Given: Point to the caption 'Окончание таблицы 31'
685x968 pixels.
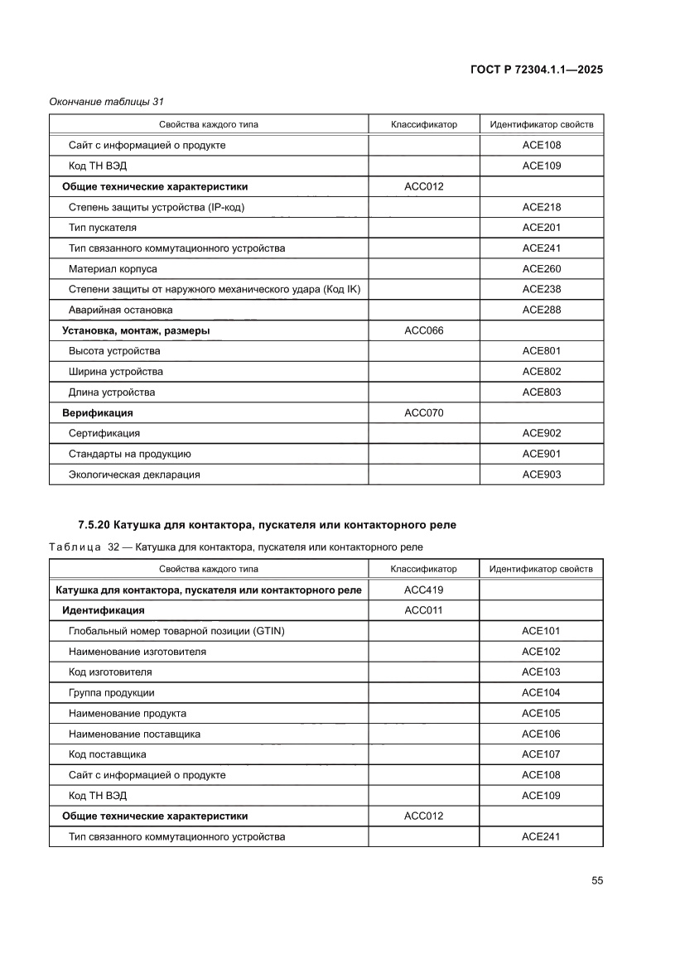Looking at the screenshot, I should [106, 102].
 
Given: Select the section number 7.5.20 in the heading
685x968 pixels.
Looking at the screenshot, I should [94, 525].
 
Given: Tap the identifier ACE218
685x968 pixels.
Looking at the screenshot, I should [541, 207].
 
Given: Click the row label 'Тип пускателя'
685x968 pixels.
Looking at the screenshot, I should [103, 228].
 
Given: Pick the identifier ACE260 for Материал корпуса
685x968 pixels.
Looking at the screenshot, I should [541, 269].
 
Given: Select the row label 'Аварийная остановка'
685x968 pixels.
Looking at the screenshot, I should [121, 310].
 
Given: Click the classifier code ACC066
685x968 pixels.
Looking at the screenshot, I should [423, 330].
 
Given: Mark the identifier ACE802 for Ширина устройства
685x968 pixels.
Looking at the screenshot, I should [541, 372].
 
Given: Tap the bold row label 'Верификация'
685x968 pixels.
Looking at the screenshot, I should [98, 412].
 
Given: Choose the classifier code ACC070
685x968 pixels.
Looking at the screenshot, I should [423, 412].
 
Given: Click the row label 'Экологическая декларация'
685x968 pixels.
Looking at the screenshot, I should [134, 474].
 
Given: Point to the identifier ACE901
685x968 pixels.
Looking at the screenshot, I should [541, 454].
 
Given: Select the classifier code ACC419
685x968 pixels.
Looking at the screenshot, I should [423, 590].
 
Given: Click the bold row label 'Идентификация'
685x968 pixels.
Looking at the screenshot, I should [104, 610].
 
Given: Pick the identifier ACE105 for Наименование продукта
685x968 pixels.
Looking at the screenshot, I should [541, 713].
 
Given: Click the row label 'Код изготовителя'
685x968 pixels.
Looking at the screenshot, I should [110, 672].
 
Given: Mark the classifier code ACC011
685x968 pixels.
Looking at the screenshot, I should [423, 610].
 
